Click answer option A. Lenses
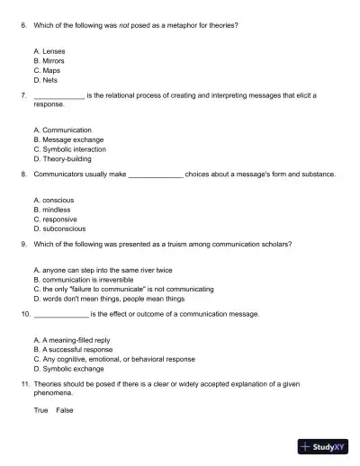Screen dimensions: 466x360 [49, 52]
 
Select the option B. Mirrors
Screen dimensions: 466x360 [49, 61]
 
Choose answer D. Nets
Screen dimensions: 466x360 [45, 79]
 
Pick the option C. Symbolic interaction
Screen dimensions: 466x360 [69, 148]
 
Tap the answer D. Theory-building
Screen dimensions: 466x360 [62, 157]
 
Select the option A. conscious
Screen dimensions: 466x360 [53, 200]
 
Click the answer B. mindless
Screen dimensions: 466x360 [51, 209]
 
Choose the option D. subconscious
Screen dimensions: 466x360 [58, 228]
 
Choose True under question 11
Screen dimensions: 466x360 [40, 410]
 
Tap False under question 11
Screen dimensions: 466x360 [65, 410]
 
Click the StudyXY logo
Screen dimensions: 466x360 [323, 444]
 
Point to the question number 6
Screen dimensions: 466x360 [22, 25]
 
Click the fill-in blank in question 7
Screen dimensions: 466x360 [58, 94]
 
